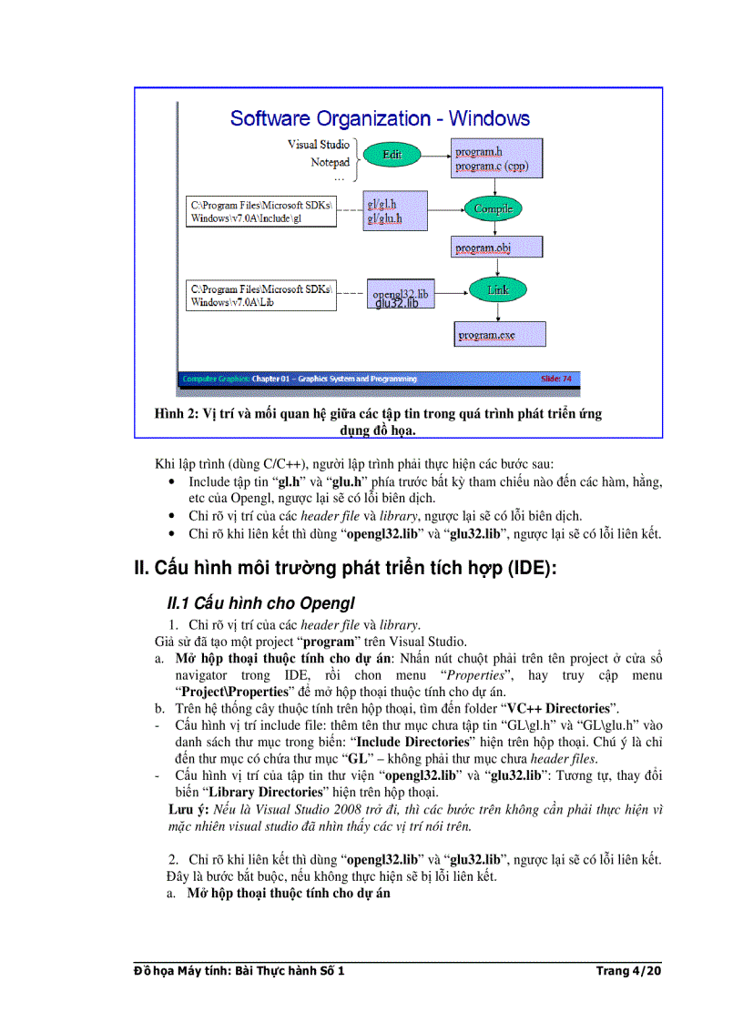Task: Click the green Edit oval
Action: click(392, 155)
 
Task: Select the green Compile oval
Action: click(493, 208)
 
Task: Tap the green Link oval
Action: click(497, 290)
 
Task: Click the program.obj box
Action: click(497, 247)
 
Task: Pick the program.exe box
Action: click(500, 335)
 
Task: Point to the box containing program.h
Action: click(497, 159)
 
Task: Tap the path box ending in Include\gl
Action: click(260, 211)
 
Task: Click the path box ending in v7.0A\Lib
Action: click(260, 295)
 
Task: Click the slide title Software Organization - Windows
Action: click(380, 118)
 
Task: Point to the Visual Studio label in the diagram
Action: click(318, 145)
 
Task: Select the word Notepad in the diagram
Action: click(330, 163)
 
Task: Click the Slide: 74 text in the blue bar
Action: click(557, 379)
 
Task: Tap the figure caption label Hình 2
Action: click(178, 414)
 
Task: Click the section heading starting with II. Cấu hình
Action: click(345, 569)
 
